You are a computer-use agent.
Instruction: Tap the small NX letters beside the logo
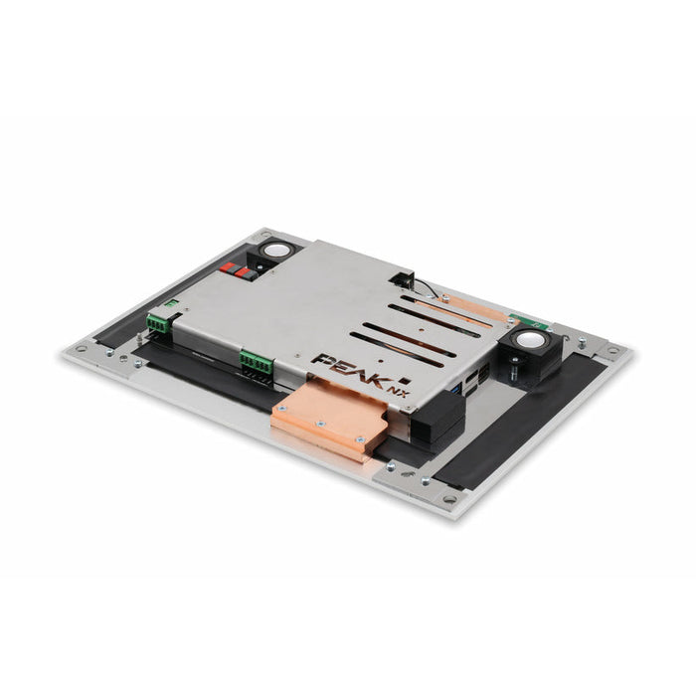click(x=398, y=392)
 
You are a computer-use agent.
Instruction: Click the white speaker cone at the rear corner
click(x=275, y=250)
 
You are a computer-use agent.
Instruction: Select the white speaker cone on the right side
click(x=531, y=340)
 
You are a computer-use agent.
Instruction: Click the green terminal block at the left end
click(x=158, y=323)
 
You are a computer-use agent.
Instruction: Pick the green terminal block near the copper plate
click(x=257, y=362)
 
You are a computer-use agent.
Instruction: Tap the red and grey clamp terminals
click(x=237, y=270)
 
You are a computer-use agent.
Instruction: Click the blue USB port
click(x=455, y=391)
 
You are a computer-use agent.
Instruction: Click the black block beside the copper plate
click(x=436, y=419)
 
